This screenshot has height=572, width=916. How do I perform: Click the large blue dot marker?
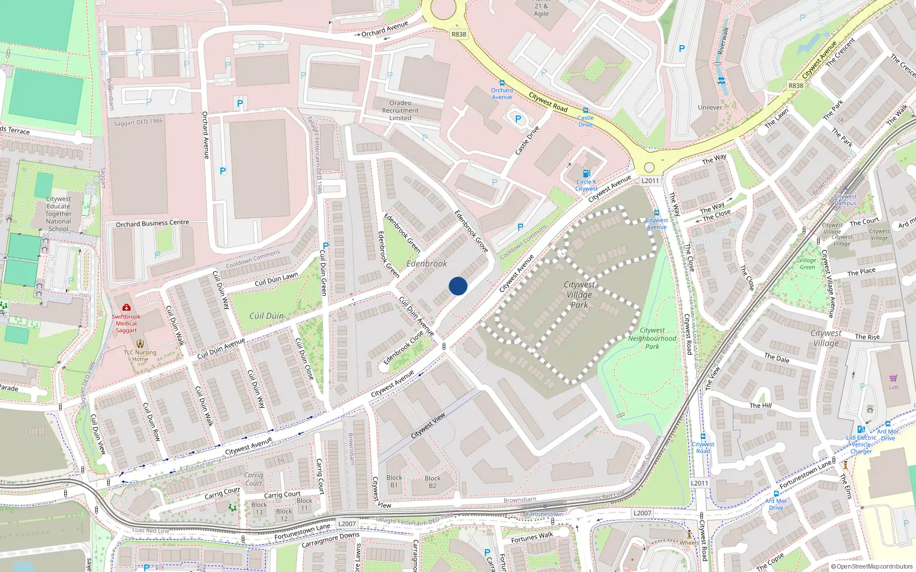tap(458, 286)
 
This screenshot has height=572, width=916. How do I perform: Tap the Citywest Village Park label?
tap(579, 295)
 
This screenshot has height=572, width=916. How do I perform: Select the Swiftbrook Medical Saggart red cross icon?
tap(126, 308)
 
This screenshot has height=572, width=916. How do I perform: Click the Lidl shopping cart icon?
tap(893, 379)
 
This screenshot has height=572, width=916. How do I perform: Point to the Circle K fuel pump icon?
tap(586, 173)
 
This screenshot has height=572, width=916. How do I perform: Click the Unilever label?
tap(710, 108)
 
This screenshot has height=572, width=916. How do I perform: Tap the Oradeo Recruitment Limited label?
tap(400, 110)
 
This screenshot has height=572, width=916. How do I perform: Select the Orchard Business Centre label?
tap(152, 224)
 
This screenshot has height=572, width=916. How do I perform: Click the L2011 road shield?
tap(650, 181)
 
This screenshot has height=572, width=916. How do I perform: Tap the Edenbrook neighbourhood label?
tap(427, 264)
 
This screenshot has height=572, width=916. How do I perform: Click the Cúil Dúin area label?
tap(266, 316)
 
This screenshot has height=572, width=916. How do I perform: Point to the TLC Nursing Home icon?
tap(140, 344)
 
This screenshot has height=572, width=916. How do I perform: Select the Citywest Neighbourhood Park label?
tap(652, 338)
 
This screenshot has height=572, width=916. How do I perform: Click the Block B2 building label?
tap(432, 482)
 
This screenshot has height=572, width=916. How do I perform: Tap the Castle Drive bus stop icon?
tap(585, 110)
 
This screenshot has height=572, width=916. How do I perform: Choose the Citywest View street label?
tap(428, 426)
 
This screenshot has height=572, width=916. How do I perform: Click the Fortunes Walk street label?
tap(532, 537)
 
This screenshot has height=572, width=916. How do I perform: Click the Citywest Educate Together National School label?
tap(58, 214)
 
